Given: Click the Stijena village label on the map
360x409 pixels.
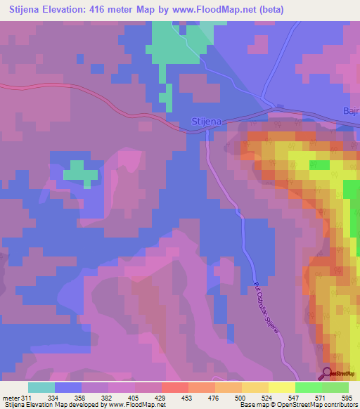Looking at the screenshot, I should (x=207, y=121).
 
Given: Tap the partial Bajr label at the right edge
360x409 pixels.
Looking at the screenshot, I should (x=351, y=111).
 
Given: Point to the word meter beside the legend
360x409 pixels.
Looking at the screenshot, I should (x=11, y=398).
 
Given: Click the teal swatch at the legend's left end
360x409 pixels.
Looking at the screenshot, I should (x=41, y=387).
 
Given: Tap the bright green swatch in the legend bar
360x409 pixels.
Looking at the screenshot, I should (x=308, y=387).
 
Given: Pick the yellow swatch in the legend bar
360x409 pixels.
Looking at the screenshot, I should (x=281, y=387).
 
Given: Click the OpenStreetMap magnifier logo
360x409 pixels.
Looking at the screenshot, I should (x=328, y=373).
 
